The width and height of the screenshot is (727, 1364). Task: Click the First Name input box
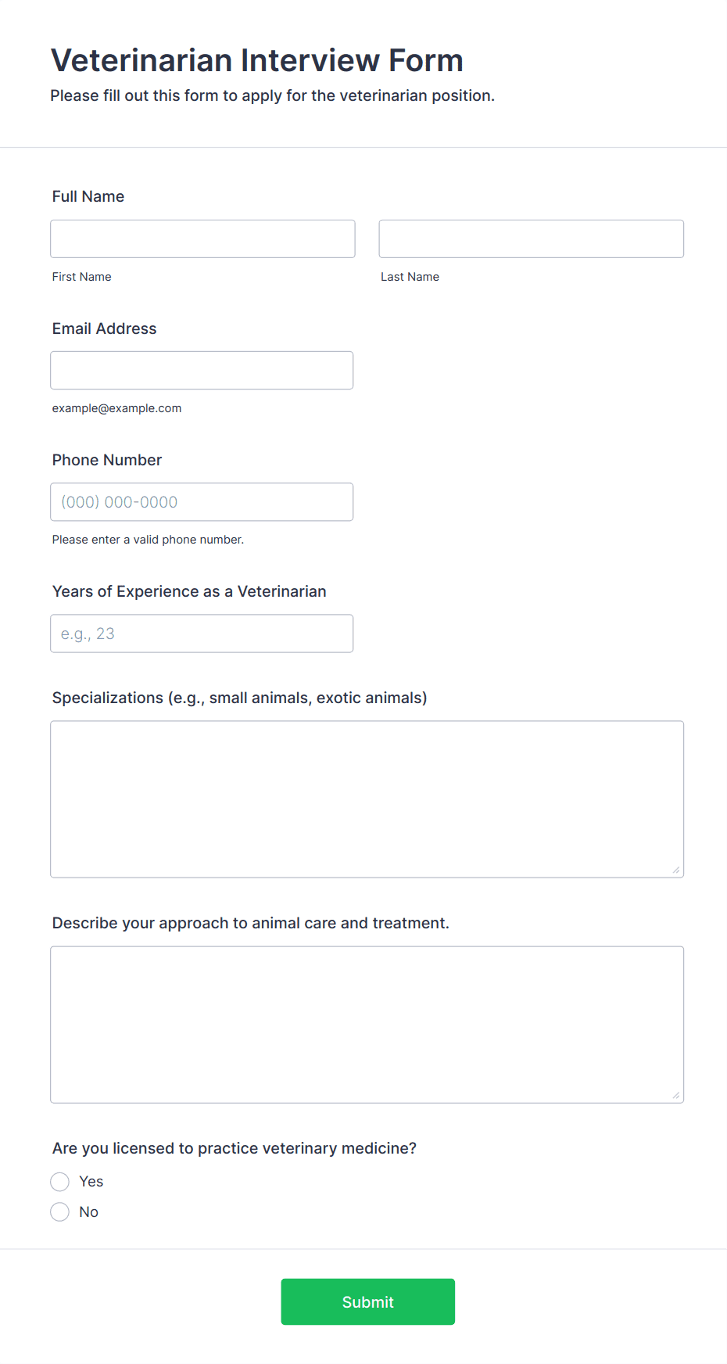click(x=202, y=239)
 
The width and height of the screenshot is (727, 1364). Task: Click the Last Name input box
click(x=531, y=239)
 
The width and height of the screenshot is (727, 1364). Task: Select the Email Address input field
click(x=202, y=370)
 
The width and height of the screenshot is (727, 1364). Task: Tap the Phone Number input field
click(x=202, y=502)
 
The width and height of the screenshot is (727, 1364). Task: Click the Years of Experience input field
click(x=202, y=634)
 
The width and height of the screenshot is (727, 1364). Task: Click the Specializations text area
click(x=367, y=799)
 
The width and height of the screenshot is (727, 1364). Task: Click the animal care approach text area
click(x=367, y=1024)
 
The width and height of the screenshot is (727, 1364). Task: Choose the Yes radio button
click(x=60, y=1181)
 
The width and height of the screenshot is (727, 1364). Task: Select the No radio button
click(x=60, y=1211)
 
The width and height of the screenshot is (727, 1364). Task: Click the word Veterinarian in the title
click(x=141, y=60)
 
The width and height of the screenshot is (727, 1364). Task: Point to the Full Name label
click(x=88, y=196)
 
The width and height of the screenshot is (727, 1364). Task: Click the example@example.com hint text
click(x=116, y=408)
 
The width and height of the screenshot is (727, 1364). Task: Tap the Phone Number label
click(x=107, y=460)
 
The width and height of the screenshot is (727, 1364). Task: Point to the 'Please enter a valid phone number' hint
click(x=148, y=540)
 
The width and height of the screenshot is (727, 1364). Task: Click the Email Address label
click(x=104, y=328)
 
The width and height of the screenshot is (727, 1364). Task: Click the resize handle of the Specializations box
click(x=676, y=870)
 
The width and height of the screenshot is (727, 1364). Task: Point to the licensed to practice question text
click(x=234, y=1148)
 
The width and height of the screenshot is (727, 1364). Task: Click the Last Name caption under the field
click(x=410, y=277)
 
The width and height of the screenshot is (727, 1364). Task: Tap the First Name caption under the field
click(x=81, y=277)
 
